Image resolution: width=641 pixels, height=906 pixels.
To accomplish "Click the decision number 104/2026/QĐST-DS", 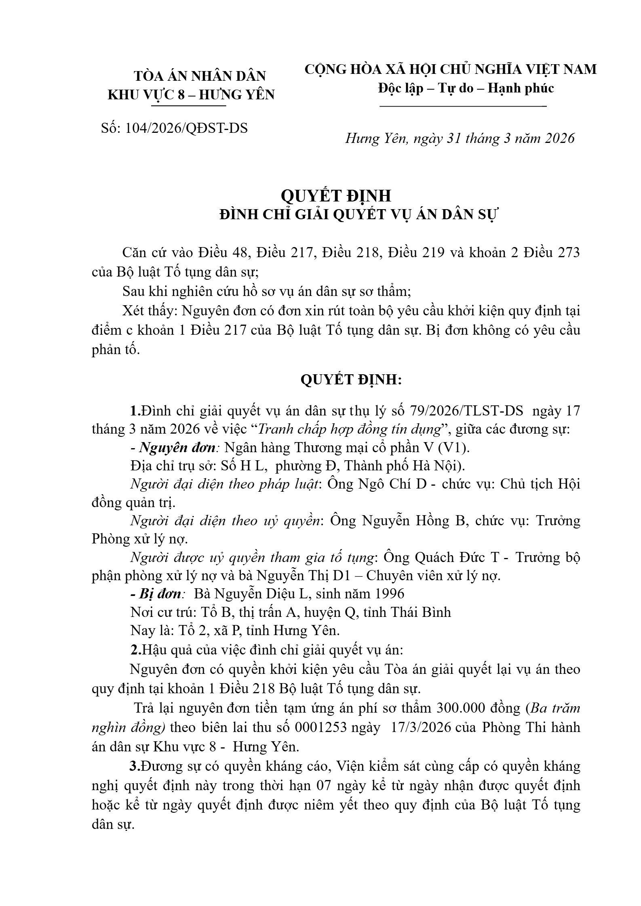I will pos(187,128).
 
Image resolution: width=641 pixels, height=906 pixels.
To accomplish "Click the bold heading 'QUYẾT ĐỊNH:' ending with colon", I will pos(351,380).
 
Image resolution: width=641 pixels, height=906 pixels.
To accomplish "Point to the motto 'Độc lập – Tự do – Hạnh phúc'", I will pos(466,88).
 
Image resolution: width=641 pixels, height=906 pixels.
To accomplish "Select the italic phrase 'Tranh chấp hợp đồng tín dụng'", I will pos(349,429).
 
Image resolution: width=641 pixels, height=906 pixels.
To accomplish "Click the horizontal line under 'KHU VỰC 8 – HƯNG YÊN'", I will pos(188,106).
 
